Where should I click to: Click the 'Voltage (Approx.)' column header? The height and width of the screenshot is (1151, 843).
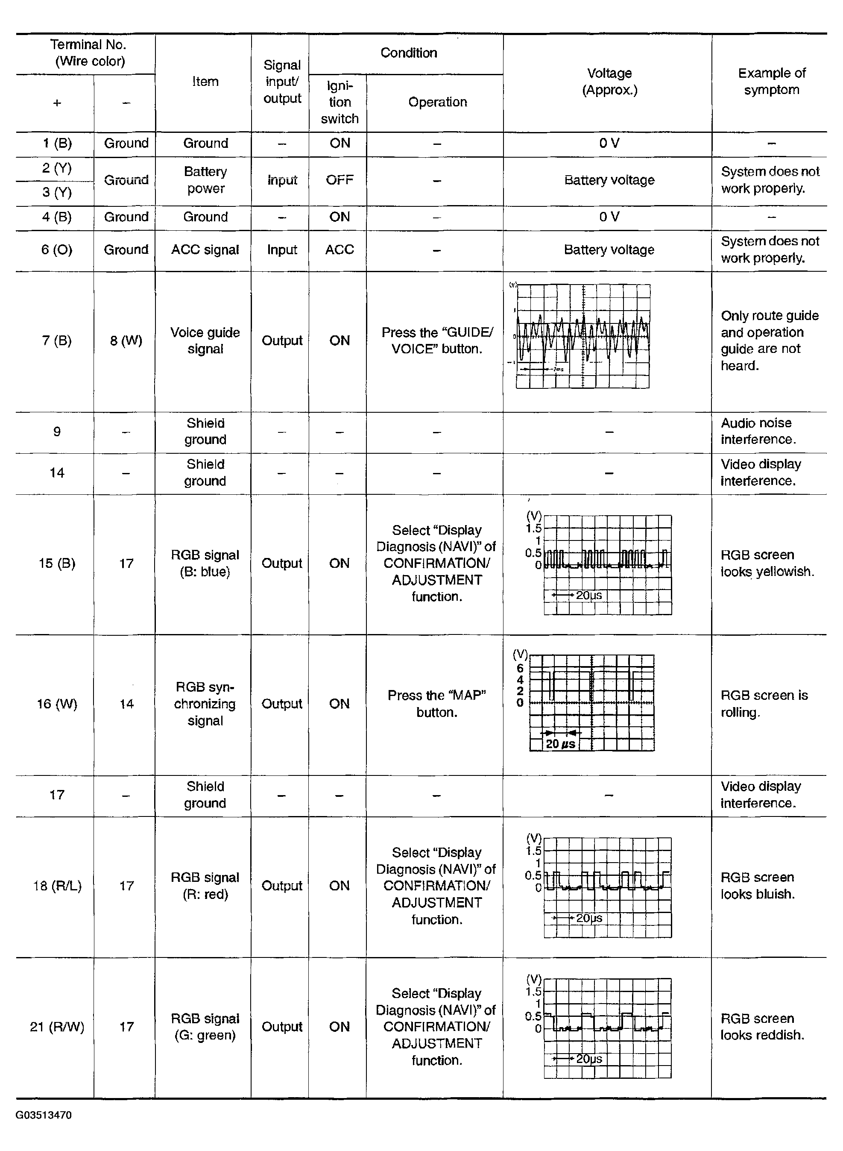pyautogui.click(x=609, y=82)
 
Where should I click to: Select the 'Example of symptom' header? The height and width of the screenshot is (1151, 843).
pyautogui.click(x=771, y=82)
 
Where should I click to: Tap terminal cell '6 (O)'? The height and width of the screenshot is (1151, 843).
pyautogui.click(x=57, y=250)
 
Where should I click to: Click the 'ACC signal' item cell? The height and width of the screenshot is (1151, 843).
pyautogui.click(x=205, y=250)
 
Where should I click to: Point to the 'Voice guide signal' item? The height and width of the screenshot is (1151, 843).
pyautogui.click(x=205, y=341)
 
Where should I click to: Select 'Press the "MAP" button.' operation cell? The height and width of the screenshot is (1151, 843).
pyautogui.click(x=437, y=703)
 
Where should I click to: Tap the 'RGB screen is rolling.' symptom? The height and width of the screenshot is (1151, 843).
pyautogui.click(x=764, y=703)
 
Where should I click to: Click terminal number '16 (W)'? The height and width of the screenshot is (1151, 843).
pyautogui.click(x=57, y=704)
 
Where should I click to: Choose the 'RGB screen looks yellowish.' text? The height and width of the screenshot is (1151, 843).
pyautogui.click(x=767, y=563)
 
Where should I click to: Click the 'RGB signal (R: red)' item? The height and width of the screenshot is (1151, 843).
pyautogui.click(x=205, y=886)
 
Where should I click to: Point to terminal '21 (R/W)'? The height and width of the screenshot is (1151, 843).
pyautogui.click(x=57, y=1026)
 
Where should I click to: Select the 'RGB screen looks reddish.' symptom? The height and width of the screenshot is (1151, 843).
pyautogui.click(x=762, y=1026)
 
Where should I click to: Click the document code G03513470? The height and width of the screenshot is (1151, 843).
pyautogui.click(x=44, y=1115)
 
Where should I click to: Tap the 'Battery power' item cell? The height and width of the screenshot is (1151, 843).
pyautogui.click(x=205, y=180)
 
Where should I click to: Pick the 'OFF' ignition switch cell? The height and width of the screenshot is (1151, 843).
pyautogui.click(x=340, y=180)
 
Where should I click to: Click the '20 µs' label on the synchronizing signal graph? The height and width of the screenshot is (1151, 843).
pyautogui.click(x=560, y=744)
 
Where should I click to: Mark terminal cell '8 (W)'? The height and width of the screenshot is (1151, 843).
pyautogui.click(x=126, y=341)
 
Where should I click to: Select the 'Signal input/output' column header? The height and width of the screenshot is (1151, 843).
pyautogui.click(x=282, y=82)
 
